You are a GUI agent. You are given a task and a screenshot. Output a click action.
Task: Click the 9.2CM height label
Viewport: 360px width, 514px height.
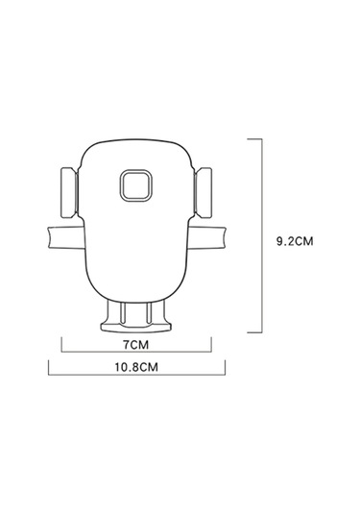click(295, 241)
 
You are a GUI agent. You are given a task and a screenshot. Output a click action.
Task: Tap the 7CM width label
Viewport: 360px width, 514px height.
click(135, 345)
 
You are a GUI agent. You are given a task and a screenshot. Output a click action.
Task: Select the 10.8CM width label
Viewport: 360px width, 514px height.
click(136, 367)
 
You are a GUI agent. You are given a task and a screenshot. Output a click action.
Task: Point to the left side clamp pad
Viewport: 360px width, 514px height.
click(68, 193)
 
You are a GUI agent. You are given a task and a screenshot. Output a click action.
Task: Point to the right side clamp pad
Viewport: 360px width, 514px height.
click(204, 193)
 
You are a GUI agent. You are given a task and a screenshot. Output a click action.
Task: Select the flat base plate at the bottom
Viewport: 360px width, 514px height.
click(135, 329)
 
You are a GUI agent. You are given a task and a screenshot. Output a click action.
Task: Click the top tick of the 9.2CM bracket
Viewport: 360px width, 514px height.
click(254, 139)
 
